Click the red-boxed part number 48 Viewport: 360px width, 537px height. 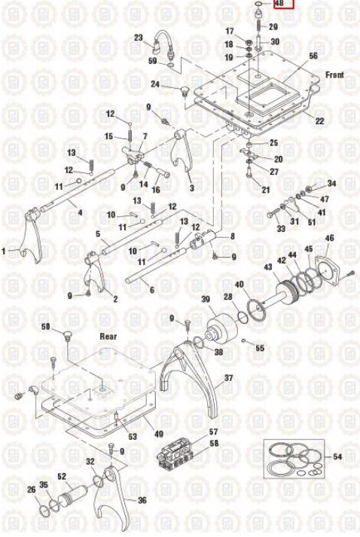pyautogui.click(x=280, y=4)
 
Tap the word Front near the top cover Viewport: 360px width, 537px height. pyautogui.click(x=334, y=75)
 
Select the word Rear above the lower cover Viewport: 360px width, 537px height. pyautogui.click(x=108, y=337)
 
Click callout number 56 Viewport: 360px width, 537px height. pyautogui.click(x=313, y=56)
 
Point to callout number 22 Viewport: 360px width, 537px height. pyautogui.click(x=319, y=121)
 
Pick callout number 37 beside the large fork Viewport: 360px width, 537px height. pyautogui.click(x=228, y=378)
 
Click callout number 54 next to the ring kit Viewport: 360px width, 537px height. pyautogui.click(x=337, y=456)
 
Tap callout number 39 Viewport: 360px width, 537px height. pyautogui.click(x=206, y=299)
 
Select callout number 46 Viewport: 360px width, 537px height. pyautogui.click(x=329, y=238)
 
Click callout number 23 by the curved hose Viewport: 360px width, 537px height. pyautogui.click(x=138, y=38)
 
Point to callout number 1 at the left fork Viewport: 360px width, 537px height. pyautogui.click(x=4, y=252)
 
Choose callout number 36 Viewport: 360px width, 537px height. pyautogui.click(x=142, y=500)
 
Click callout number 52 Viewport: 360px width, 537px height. pyautogui.click(x=62, y=477)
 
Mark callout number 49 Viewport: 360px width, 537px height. pyautogui.click(x=159, y=434)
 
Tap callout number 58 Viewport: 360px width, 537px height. pyautogui.click(x=214, y=444)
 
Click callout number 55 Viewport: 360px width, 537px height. pyautogui.click(x=260, y=348)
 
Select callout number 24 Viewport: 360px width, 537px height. pyautogui.click(x=155, y=84)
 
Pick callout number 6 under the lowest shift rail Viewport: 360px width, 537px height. pyautogui.click(x=151, y=290)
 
